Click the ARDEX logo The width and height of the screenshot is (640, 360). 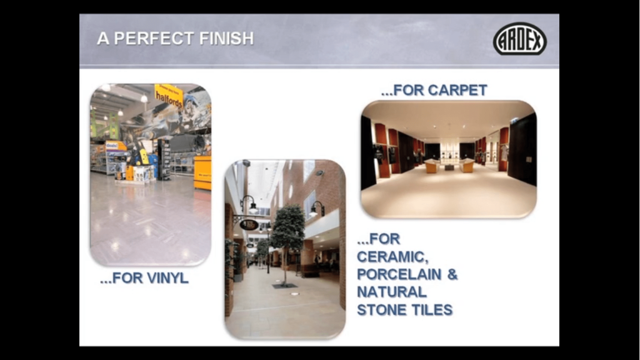coord(519,39)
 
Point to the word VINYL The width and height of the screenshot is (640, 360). coord(167,278)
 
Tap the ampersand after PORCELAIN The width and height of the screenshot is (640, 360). coord(452,274)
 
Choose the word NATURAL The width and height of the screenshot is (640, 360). coord(392,292)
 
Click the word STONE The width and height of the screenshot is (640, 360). coord(382,310)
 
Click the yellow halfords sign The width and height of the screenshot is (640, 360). coord(169,96)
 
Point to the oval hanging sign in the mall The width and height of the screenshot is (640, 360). coord(249,224)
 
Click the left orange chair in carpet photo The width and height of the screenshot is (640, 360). coord(432,166)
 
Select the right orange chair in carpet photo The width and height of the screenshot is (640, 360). coord(466,165)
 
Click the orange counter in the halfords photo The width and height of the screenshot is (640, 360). coord(202,172)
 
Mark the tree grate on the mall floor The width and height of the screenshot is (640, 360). coord(284,286)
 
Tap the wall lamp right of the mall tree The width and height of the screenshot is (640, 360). coord(317,209)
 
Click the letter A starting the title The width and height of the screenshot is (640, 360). coord(103,38)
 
